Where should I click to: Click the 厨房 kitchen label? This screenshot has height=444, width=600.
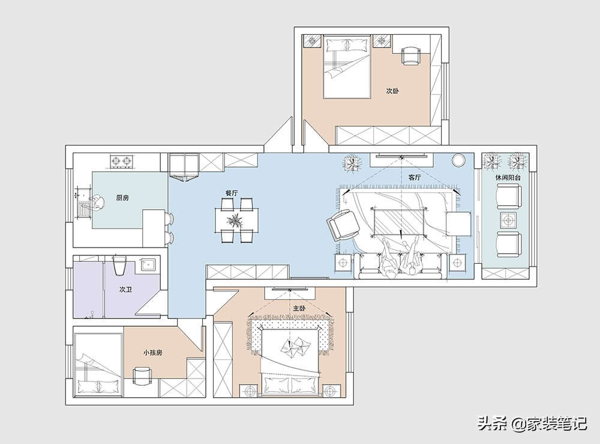[122, 198]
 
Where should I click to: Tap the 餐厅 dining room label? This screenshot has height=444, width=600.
[232, 193]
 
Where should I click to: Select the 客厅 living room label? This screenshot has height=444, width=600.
[415, 177]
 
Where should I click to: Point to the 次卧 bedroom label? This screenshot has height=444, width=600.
[392, 91]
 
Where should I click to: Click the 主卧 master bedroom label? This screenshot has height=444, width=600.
[299, 308]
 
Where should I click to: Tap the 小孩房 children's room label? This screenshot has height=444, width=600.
[152, 352]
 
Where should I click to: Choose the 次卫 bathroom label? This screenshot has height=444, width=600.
[125, 289]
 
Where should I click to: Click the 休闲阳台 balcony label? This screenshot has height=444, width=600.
[508, 177]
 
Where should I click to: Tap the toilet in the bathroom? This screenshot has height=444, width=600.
[119, 265]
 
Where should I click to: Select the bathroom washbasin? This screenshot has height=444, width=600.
[148, 265]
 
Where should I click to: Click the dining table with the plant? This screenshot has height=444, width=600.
[236, 220]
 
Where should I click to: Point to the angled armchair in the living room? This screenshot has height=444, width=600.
[344, 225]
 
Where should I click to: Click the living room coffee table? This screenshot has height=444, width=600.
[400, 222]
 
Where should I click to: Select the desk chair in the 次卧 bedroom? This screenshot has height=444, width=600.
[410, 56]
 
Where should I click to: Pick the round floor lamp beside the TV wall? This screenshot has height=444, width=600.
[458, 160]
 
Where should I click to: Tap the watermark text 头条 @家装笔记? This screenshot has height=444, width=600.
[532, 424]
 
